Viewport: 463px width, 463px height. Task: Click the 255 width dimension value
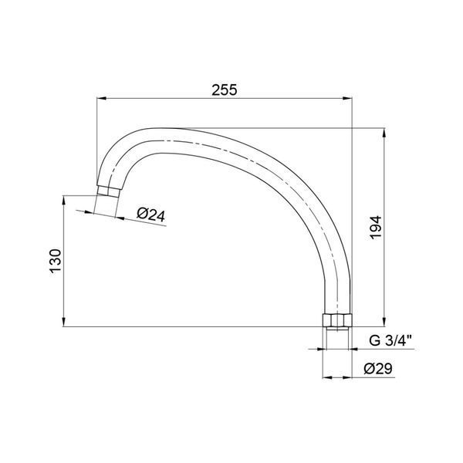(225, 90)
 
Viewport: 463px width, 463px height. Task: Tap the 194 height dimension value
(376, 228)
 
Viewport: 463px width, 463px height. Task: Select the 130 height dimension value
(56, 262)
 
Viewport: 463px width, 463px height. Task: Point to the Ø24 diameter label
(151, 215)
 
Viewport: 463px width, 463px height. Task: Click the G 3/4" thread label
(390, 341)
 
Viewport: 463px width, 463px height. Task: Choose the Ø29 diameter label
(378, 369)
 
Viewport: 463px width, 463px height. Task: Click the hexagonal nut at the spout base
(336, 320)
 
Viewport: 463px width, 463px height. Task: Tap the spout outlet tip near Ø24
(108, 191)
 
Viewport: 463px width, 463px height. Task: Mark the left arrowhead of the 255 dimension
(101, 99)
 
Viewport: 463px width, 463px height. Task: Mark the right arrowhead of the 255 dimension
(347, 99)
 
